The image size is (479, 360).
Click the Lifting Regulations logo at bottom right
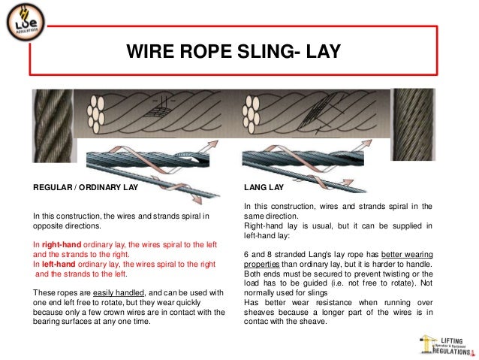pos(445,343)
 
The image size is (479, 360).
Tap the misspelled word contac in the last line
pos(258,322)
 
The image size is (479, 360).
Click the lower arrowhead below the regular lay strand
pos(195,198)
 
